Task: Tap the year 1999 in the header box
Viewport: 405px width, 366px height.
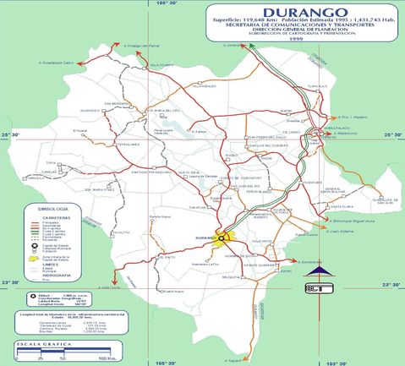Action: click(x=295, y=39)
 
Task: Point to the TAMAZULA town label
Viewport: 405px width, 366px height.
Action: click(x=33, y=178)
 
